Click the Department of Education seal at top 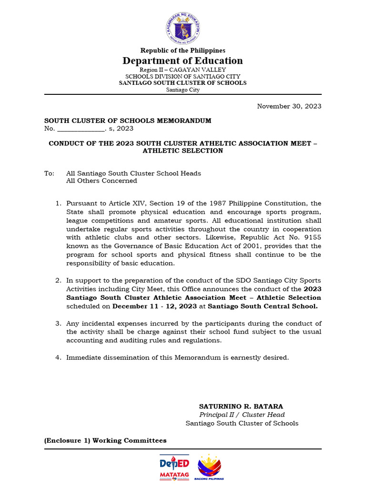[183, 26]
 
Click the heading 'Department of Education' [183, 61]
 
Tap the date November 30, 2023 [289, 106]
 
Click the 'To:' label [49, 173]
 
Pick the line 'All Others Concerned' [102, 181]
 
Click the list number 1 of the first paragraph [59, 204]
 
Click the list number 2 [59, 281]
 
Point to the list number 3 [59, 324]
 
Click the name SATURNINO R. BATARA [241, 407]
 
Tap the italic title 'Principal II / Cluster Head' [242, 415]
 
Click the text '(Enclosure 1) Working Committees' [105, 440]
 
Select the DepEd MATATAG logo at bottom [174, 468]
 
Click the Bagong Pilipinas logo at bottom [210, 467]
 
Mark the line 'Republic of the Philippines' [183, 51]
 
